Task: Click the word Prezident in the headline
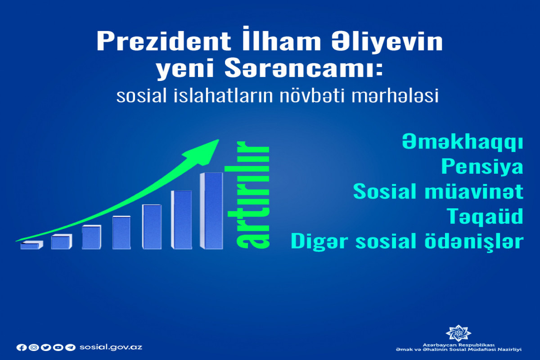pos(164,41)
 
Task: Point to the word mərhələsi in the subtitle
pos(395,96)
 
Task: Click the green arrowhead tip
pos(219,139)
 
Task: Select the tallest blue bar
pos(211,211)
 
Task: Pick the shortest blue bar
pos(31,245)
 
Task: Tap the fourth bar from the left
pos(121,233)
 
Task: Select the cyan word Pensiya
pos(482,166)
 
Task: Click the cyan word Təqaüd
pos(485,216)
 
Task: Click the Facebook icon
pos(22,347)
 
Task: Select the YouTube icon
pos(58,347)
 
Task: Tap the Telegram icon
pos(70,347)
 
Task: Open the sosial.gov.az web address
pos(111,347)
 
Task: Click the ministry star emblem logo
pos(458,333)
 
